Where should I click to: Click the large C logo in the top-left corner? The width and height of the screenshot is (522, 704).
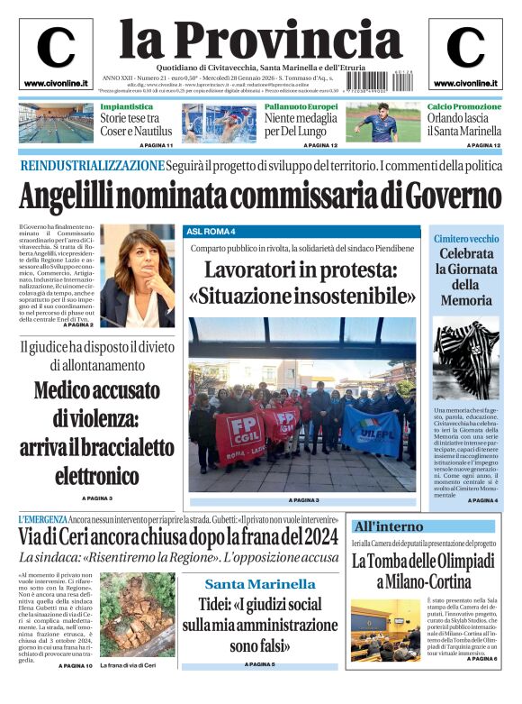tap(56, 49)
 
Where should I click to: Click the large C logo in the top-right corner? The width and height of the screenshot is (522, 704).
tap(465, 49)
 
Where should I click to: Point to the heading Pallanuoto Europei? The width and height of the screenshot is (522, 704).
tap(301, 106)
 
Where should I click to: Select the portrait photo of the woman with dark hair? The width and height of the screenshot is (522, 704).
tap(137, 275)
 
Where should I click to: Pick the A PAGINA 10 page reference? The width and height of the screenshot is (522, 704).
tap(76, 665)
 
